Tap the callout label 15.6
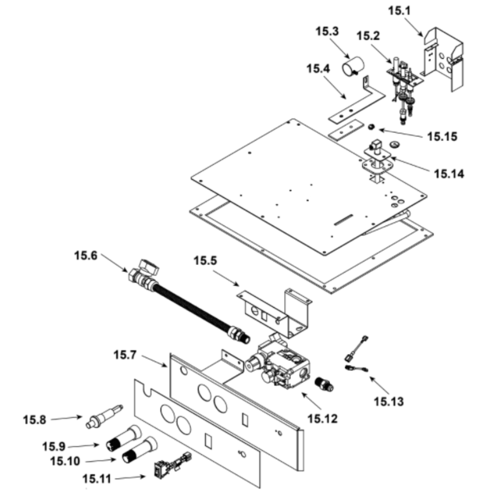(x=86, y=255)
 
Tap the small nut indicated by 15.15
(x=371, y=128)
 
